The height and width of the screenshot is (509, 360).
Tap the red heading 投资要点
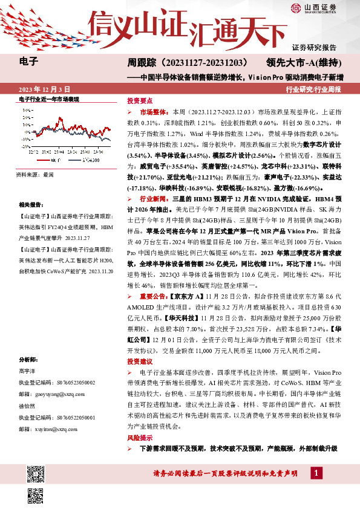[x=140, y=101]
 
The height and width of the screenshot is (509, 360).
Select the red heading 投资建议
[x=140, y=360]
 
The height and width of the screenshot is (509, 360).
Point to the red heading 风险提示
[x=140, y=436]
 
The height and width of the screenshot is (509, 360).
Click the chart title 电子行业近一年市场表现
[x=50, y=98]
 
